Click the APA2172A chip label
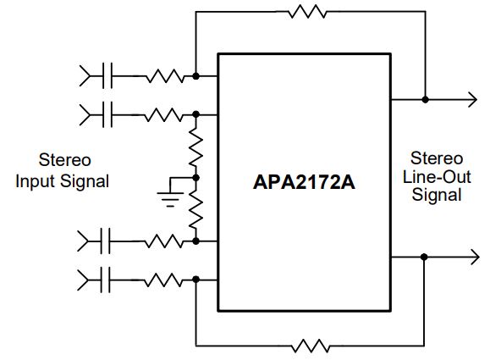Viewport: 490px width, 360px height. (x=304, y=182)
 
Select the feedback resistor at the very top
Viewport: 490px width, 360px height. (x=307, y=12)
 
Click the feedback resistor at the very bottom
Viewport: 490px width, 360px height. (x=311, y=346)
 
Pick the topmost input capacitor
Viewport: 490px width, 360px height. (x=107, y=75)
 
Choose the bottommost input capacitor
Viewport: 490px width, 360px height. (x=105, y=280)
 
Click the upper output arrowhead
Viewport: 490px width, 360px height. (x=472, y=100)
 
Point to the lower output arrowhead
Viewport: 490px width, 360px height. (x=475, y=258)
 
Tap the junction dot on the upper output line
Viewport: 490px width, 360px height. (x=426, y=100)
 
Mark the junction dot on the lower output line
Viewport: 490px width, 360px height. (x=424, y=258)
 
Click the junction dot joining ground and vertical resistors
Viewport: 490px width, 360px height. (x=196, y=178)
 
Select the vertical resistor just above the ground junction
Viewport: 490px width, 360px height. (x=196, y=147)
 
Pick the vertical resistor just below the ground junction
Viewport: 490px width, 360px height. (x=196, y=209)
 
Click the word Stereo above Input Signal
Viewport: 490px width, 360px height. (x=65, y=160)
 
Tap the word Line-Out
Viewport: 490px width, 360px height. (x=437, y=177)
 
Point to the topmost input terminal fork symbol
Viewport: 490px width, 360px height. (x=85, y=75)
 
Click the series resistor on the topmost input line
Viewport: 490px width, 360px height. (x=165, y=75)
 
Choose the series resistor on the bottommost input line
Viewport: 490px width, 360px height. (x=163, y=280)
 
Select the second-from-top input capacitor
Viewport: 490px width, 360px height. (x=107, y=114)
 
